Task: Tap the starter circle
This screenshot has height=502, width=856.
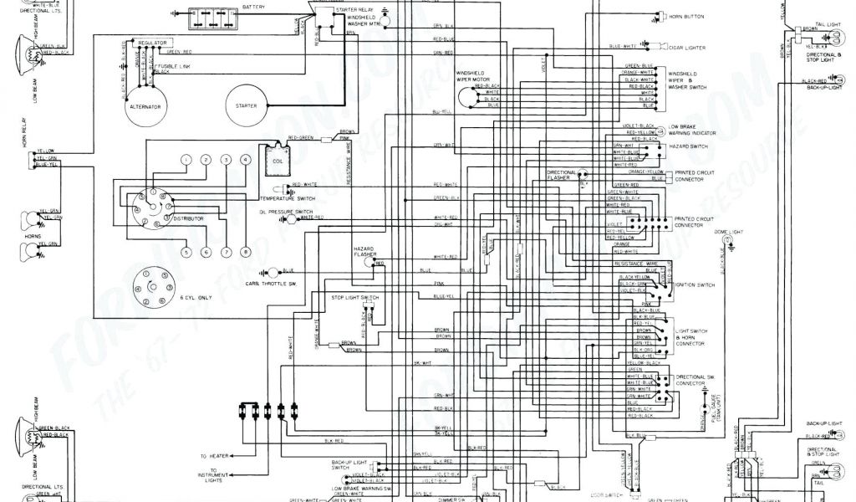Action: (x=247, y=104)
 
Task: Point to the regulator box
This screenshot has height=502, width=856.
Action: (x=154, y=41)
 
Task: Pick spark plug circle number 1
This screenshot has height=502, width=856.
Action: (x=185, y=159)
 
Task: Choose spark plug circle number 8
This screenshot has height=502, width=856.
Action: (x=245, y=251)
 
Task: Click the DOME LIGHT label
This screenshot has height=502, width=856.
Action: (x=728, y=231)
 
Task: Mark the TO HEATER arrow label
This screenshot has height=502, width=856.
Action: (x=215, y=456)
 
